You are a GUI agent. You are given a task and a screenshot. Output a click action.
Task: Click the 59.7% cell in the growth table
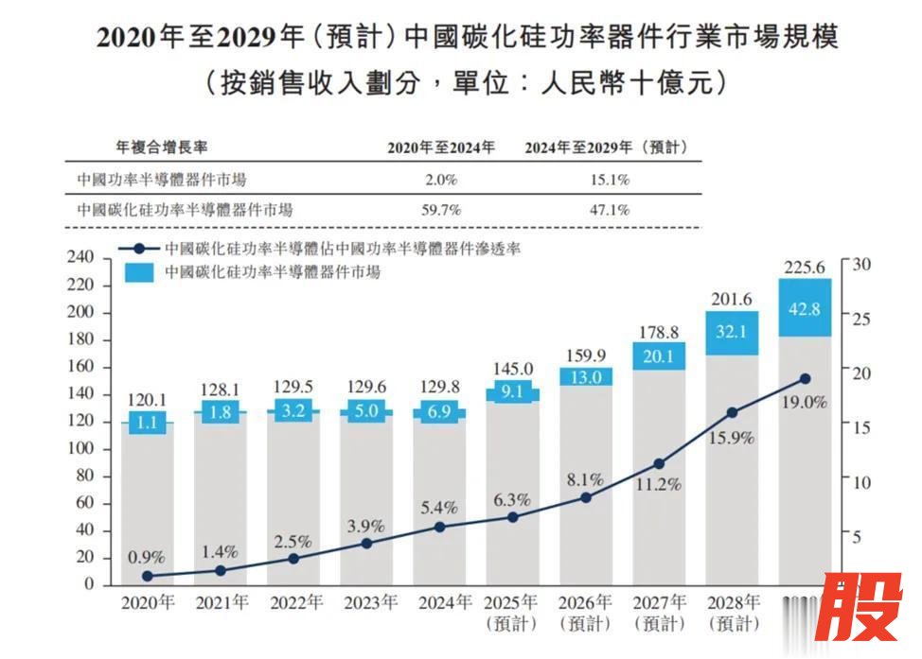[x=440, y=210]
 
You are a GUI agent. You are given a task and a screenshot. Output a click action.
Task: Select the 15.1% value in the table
[x=610, y=180]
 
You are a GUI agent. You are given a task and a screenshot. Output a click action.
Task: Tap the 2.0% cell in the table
[x=440, y=180]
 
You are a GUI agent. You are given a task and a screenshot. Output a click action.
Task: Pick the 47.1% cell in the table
[x=610, y=210]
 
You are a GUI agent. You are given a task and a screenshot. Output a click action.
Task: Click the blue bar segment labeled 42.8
[x=805, y=308]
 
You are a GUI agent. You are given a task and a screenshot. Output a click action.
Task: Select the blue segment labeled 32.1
[x=732, y=333]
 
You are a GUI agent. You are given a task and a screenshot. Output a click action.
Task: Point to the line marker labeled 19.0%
[x=805, y=378]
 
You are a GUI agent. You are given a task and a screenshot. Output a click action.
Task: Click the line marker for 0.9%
[x=147, y=576]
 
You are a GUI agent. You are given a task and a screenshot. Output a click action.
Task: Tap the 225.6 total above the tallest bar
[x=805, y=267]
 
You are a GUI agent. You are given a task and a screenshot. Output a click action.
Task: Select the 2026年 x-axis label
[x=586, y=601]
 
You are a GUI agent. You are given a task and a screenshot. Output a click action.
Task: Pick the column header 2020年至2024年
[x=440, y=147]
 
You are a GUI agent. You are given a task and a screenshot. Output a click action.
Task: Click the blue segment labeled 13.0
[x=586, y=376]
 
